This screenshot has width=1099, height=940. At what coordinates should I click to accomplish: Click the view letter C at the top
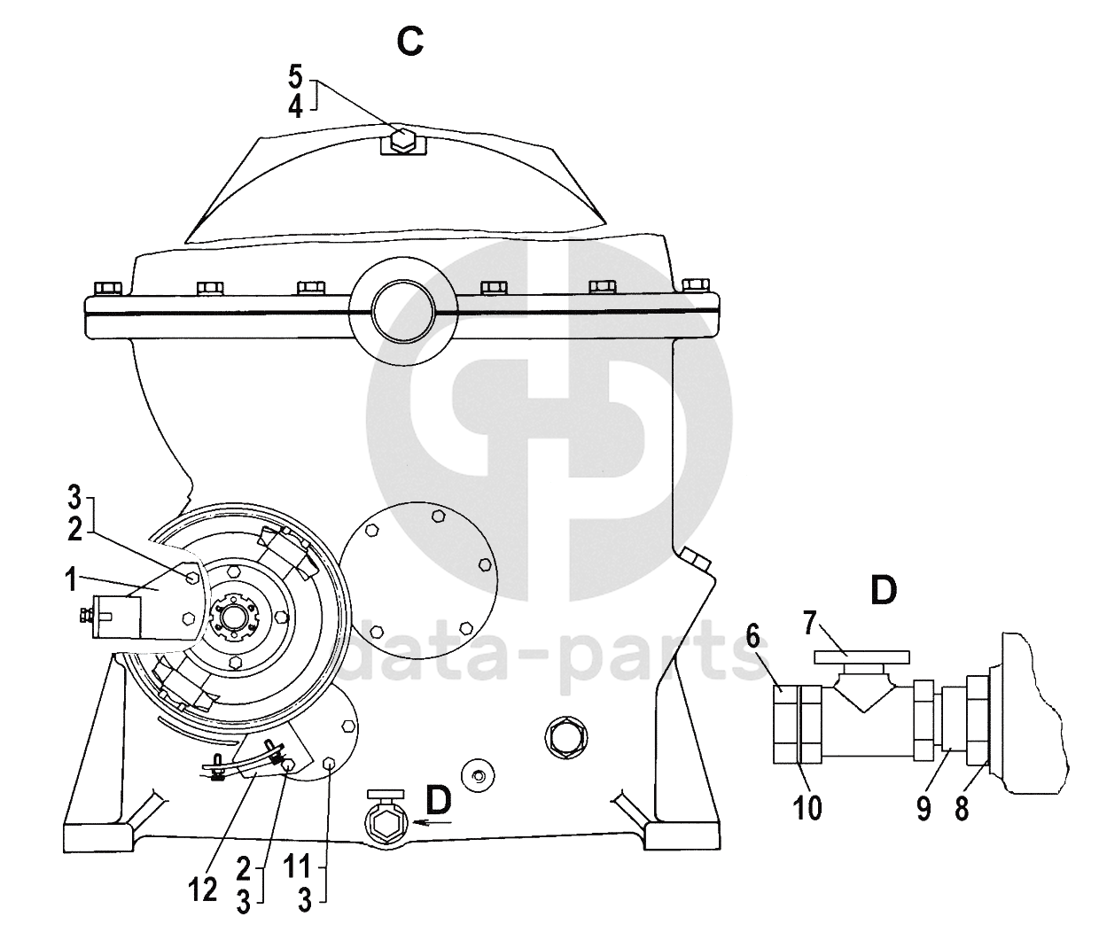click(x=410, y=42)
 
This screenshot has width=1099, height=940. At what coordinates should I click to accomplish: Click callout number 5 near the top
click(x=296, y=76)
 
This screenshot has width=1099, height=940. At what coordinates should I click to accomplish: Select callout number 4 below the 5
click(x=296, y=107)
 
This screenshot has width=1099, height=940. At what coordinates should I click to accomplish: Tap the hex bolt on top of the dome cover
click(x=403, y=140)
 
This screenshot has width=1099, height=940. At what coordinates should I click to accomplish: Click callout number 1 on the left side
click(x=71, y=579)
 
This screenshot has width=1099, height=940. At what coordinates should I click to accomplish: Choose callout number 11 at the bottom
click(x=297, y=868)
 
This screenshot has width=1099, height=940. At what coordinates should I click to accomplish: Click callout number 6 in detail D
click(x=752, y=636)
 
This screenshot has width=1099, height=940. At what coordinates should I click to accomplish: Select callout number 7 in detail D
click(x=810, y=624)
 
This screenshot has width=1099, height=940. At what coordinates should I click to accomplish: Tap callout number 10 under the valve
click(x=807, y=808)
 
